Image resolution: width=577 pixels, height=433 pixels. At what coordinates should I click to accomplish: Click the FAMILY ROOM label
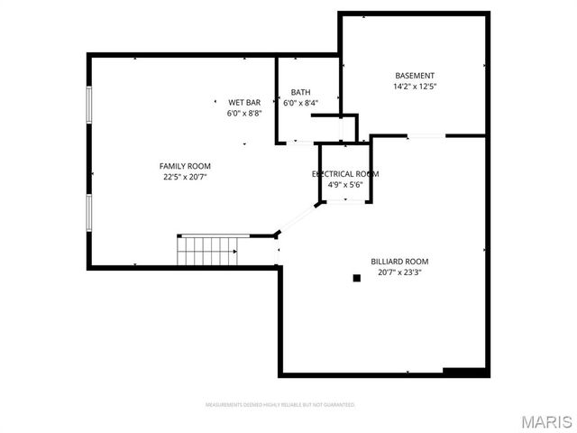point(185,166)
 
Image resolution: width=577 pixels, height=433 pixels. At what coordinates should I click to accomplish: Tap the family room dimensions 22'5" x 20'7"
point(185,177)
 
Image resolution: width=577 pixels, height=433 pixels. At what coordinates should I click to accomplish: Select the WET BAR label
point(244,103)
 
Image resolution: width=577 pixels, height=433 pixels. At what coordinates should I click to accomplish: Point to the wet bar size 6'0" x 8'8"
point(244,114)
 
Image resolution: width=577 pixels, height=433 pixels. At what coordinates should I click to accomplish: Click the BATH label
point(300,92)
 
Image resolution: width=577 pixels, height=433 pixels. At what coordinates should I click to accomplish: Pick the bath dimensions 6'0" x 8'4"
point(300,103)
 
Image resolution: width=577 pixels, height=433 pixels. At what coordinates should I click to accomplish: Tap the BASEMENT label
point(415,76)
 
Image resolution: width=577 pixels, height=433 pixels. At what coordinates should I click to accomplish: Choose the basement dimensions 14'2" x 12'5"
point(415,87)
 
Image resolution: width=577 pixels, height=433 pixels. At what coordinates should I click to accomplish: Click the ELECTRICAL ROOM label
point(345,173)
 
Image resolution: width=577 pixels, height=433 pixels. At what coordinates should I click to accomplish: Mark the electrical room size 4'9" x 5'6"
point(345,184)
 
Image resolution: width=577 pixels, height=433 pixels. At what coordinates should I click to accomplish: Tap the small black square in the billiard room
point(357,279)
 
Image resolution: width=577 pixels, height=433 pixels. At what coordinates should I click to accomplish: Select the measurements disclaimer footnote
point(280,404)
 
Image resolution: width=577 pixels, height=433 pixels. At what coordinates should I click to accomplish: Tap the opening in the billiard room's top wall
point(426,136)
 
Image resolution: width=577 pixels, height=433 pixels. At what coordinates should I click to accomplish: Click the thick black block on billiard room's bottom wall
point(465,372)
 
